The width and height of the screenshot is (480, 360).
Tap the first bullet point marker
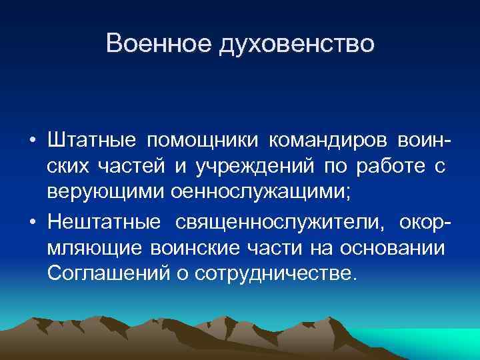(32, 142)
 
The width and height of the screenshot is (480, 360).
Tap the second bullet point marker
(32, 221)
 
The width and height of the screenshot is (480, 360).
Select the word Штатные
(91, 141)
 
